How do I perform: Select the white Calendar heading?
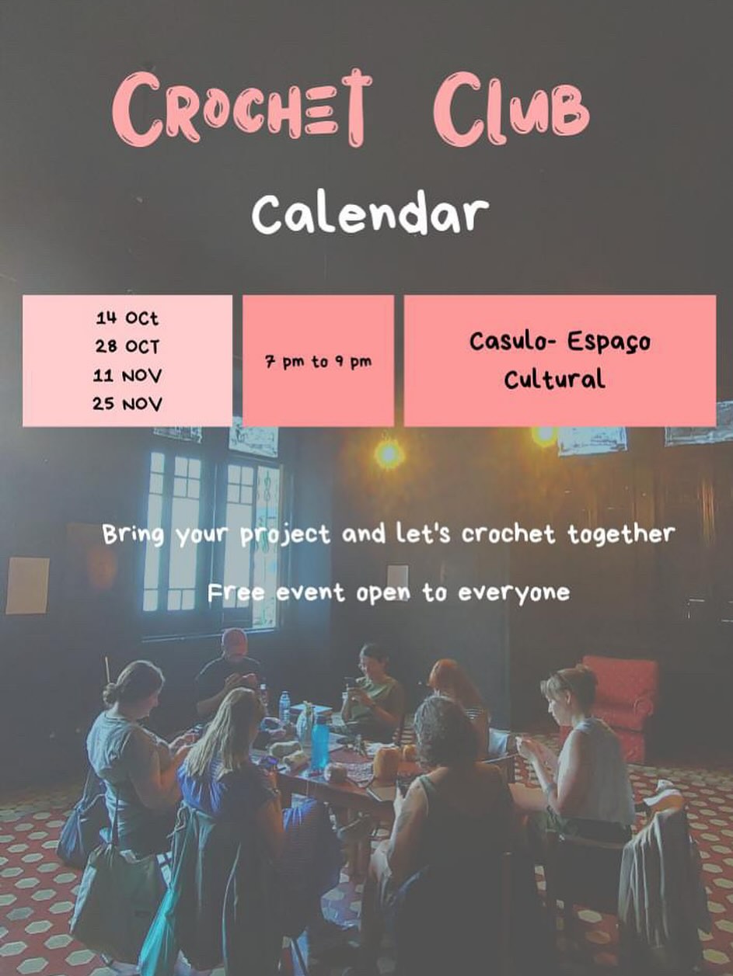pos(370,215)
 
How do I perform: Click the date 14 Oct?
pos(127,318)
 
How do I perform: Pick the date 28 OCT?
pos(127,347)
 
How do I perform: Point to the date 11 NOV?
pos(127,376)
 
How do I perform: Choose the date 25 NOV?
pos(127,405)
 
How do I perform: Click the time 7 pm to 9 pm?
pos(318,362)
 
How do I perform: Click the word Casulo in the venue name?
pos(511,341)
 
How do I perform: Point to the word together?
pos(621,533)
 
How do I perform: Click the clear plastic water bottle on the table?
pos(284,708)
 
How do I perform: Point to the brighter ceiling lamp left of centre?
pos(388,454)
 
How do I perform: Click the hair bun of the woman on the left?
pos(109,696)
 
